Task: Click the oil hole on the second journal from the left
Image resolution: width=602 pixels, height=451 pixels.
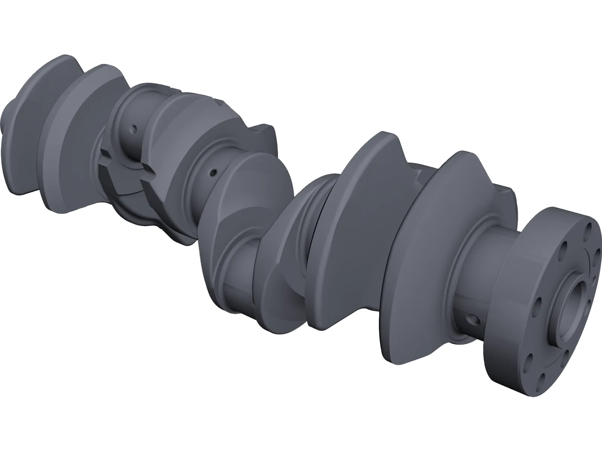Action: [x=213, y=173]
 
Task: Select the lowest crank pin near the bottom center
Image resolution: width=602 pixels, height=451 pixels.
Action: [x=241, y=274]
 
